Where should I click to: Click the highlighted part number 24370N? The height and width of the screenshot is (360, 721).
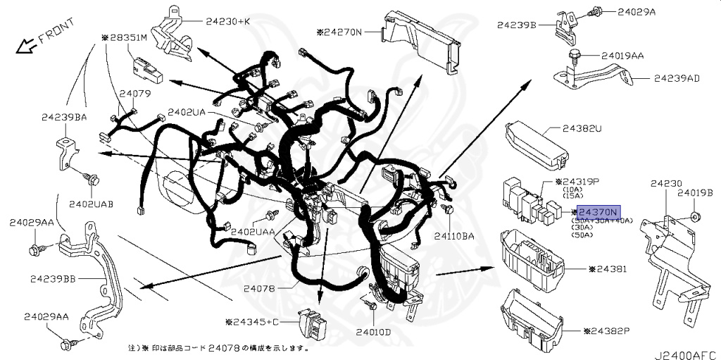597,212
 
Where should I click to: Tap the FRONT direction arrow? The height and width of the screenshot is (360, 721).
27,46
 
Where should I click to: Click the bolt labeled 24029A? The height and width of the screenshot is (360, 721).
596,11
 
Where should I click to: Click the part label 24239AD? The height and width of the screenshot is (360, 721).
677,77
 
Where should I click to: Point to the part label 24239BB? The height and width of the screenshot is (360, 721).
53,279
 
